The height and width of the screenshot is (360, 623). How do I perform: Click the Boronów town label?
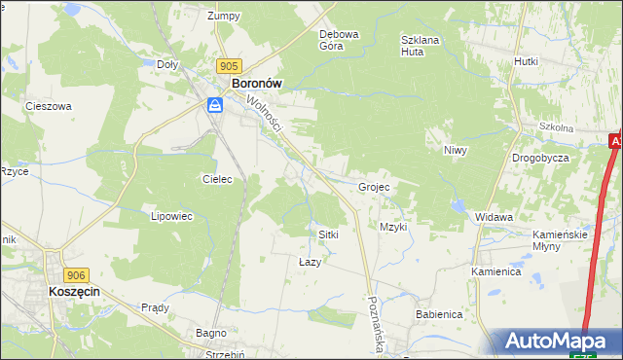pos(256,84)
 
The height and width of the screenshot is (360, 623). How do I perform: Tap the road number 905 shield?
pos(229,65)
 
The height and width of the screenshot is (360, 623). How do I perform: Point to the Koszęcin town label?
pos(76,292)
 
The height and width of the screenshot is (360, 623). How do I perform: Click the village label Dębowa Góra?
pos(340,40)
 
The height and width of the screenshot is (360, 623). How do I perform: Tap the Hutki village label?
pos(526,60)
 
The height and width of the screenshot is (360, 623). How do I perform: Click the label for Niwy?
pos(457,150)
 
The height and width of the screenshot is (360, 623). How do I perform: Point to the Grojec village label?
pos(374,187)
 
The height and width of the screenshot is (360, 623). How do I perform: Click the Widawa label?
pos(494,217)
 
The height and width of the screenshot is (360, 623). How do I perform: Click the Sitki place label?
pos(328,235)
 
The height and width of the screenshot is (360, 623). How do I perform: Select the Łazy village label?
pos(309,263)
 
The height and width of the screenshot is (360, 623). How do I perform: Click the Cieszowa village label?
pos(49,106)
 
